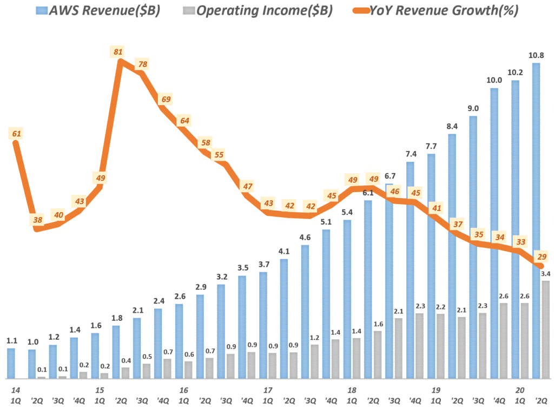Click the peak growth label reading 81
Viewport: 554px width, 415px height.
pyautogui.click(x=118, y=52)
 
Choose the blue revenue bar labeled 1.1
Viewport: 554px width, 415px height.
pyautogui.click(x=11, y=363)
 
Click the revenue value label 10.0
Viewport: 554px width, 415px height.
pyautogui.click(x=494, y=80)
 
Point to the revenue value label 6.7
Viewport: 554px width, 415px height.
pyautogui.click(x=389, y=175)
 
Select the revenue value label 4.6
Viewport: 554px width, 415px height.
pyautogui.click(x=305, y=236)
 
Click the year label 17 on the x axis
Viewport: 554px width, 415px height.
pyautogui.click(x=267, y=390)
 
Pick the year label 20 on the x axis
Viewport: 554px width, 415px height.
pyautogui.click(x=520, y=390)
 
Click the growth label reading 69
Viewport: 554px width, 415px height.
pyautogui.click(x=165, y=99)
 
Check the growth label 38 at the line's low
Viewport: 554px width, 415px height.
pyautogui.click(x=37, y=220)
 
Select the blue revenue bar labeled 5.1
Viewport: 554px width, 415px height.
pyautogui.click(x=326, y=304)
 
